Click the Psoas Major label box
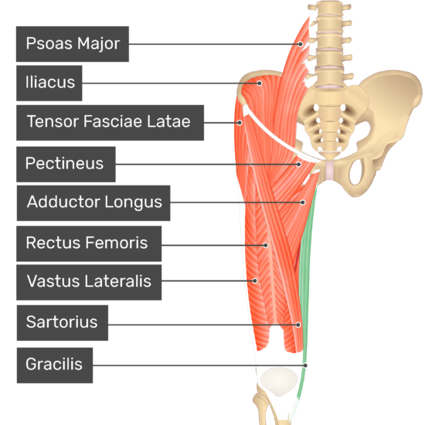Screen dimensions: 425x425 coord(73,44)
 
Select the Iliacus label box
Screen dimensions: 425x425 coord(49,83)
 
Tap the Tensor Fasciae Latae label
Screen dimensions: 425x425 coord(110,123)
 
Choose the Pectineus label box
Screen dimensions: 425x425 coord(66,165)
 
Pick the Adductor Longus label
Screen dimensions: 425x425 coord(93,203)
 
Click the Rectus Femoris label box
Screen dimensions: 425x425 coord(89,243)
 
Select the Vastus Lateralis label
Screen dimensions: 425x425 coord(89,282)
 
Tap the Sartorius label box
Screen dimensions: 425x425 coord(63,323)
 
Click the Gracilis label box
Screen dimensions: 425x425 coord(55,365)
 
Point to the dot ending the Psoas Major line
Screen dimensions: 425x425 coord(301,44)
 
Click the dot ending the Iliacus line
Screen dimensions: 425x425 coord(260,83)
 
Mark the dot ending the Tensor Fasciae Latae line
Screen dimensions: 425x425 coord(240,123)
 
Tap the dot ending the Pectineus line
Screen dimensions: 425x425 coord(299,165)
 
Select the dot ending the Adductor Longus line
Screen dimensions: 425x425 coord(303,202)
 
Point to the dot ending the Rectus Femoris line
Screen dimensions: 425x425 coord(266,245)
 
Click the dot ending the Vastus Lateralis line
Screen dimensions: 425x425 coord(255,280)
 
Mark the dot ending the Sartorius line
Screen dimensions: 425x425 coord(298,325)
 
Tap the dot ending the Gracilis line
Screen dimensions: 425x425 coord(305,365)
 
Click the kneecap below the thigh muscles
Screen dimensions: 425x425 coord(279,382)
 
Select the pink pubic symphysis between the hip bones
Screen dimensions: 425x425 coord(329,170)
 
